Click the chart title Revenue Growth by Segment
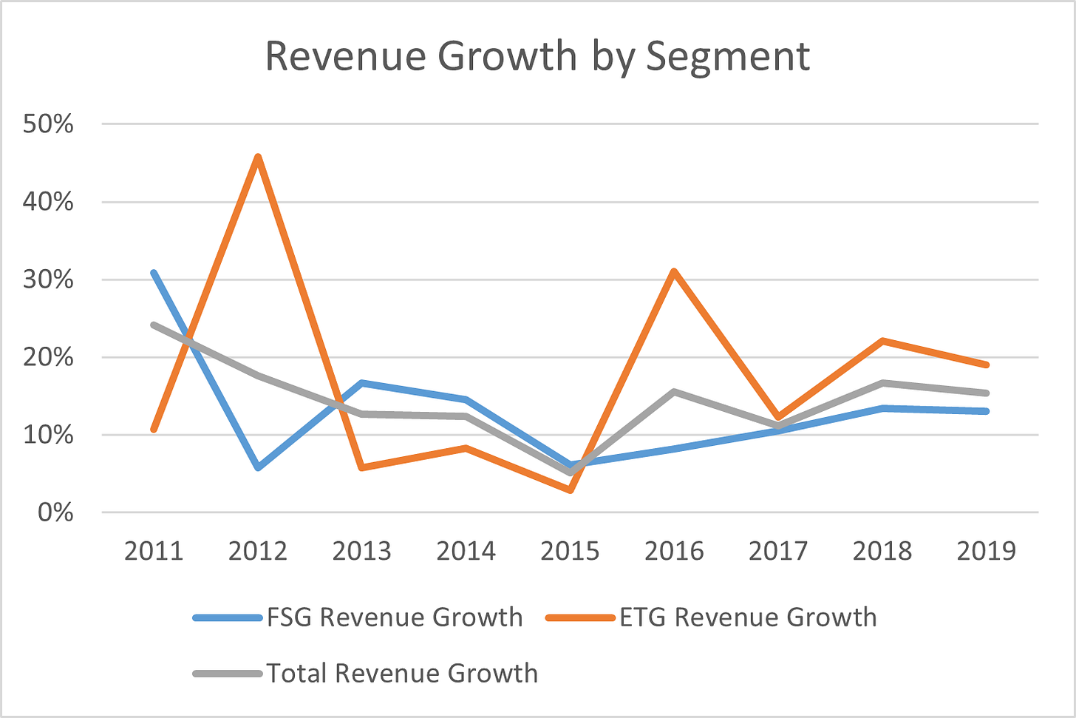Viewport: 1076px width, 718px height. (537, 56)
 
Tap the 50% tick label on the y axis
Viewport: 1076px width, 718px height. (48, 123)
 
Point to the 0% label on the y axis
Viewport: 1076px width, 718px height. (55, 512)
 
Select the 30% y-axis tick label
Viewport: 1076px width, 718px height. (48, 280)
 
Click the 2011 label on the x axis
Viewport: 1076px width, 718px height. (154, 551)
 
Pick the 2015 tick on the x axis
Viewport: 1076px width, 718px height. (570, 551)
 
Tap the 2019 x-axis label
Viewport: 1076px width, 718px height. (986, 551)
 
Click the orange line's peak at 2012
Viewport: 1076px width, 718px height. (258, 157)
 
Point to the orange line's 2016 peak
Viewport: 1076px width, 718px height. (674, 271)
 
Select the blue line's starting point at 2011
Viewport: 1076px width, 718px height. (154, 273)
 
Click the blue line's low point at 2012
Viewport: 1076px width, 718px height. (258, 467)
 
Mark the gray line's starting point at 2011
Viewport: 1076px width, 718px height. (154, 325)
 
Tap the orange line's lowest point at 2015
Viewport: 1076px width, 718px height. (570, 490)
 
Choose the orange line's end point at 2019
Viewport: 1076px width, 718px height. (986, 365)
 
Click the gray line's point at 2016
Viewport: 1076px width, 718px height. (674, 391)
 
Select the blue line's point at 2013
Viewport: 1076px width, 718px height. (362, 383)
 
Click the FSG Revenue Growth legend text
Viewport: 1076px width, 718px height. (395, 617)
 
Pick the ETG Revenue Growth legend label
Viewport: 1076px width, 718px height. (748, 617)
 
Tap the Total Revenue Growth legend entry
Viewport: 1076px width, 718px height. (402, 674)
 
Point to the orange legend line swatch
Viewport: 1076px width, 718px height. (581, 618)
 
